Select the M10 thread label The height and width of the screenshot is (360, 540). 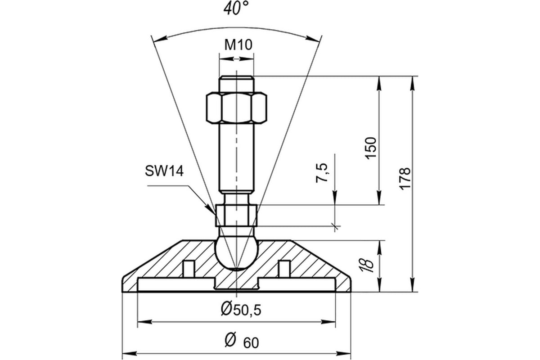point(238,45)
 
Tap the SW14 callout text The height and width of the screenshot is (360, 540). point(164,171)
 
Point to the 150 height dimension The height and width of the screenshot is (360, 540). point(371,148)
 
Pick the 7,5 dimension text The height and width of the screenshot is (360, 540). point(322,173)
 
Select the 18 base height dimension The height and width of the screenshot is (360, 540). point(367,265)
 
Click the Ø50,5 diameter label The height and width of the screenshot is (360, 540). point(241,310)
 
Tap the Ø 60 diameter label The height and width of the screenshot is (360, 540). point(242,341)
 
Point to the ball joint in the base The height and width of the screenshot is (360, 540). point(236,254)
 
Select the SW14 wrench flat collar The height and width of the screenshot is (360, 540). point(236,215)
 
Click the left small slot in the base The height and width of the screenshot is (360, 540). point(189,269)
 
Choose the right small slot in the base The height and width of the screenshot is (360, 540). point(284,269)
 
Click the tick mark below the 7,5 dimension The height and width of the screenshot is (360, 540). point(335,226)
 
